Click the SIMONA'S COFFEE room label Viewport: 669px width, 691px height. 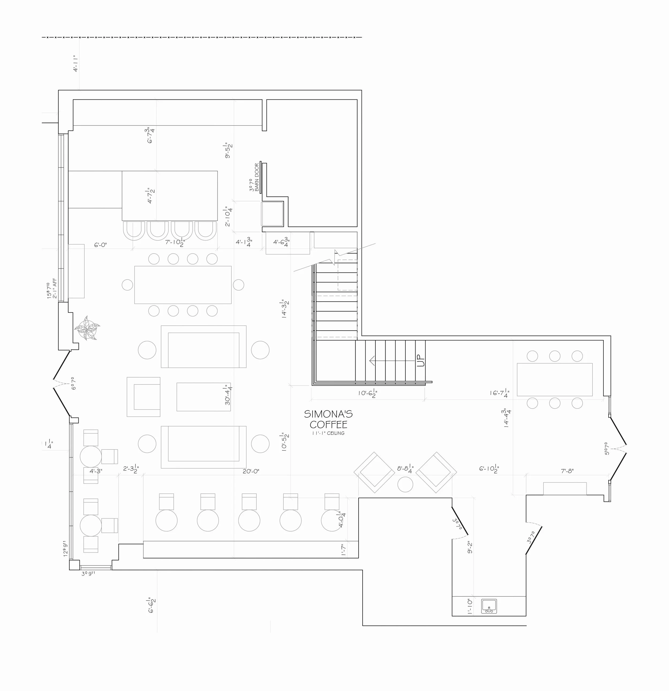[328, 419]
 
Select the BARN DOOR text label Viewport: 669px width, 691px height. [257, 177]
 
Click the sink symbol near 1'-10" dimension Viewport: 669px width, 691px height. [489, 606]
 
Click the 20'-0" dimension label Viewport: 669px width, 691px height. [251, 471]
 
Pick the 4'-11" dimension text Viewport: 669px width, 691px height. [75, 63]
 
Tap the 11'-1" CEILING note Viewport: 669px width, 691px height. [328, 433]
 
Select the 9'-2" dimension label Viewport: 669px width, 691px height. [470, 547]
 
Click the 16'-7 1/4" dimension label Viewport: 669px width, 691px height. [499, 392]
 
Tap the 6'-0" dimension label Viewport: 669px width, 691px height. [100, 245]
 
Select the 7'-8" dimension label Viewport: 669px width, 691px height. [567, 471]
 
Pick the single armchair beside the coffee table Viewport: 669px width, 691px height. [144, 397]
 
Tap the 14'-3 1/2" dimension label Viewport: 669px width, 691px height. [284, 309]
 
